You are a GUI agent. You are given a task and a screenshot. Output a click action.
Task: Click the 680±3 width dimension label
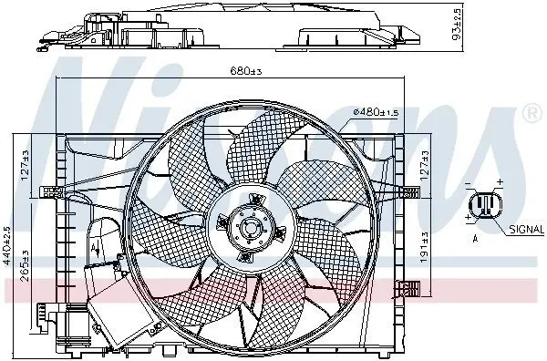point(245,71)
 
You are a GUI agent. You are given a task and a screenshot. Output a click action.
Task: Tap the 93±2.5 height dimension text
point(457,24)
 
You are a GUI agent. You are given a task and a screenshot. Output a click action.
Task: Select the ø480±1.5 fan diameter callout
point(376,112)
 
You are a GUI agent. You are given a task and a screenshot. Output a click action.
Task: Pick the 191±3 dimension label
point(424,247)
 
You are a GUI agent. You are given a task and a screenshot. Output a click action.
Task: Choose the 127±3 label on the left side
point(25,165)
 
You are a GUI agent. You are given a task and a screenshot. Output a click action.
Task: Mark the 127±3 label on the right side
point(424,165)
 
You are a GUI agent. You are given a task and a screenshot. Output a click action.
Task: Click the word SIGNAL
point(526,229)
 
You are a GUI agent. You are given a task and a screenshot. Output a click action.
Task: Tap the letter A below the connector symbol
point(475,239)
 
